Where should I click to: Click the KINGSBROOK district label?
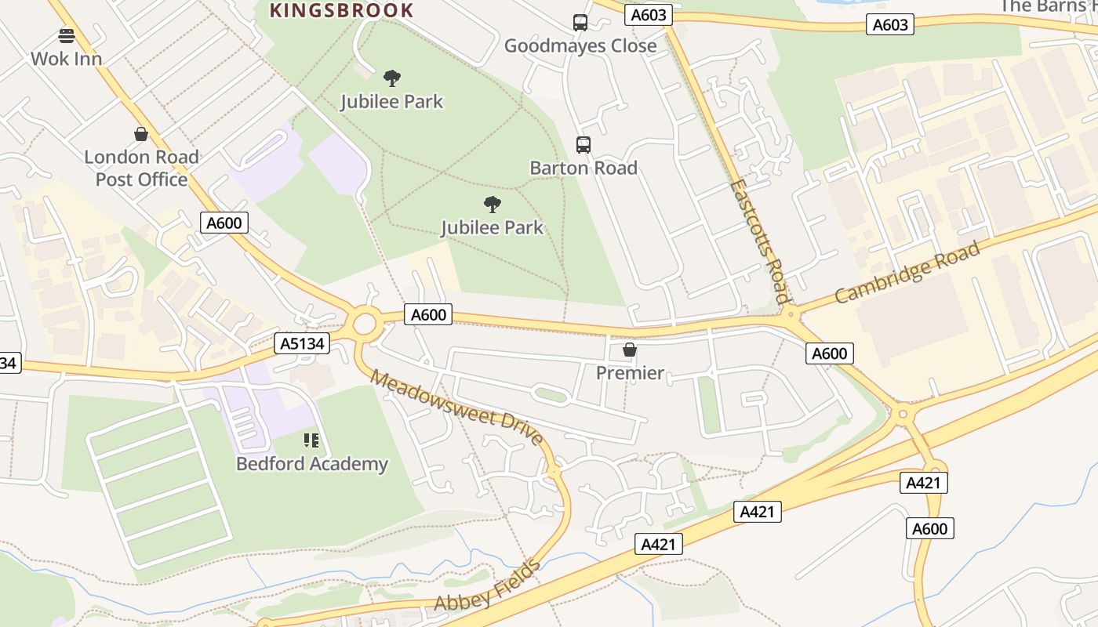(341, 10)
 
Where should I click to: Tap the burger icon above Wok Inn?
(67, 35)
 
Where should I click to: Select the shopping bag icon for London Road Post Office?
(141, 134)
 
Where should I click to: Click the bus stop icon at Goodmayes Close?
(580, 23)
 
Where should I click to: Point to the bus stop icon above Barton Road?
(584, 144)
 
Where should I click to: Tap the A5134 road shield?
(302, 343)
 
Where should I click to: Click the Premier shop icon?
(630, 350)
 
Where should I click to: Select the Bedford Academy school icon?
(311, 440)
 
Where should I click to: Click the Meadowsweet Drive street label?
(457, 408)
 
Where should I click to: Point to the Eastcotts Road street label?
(759, 241)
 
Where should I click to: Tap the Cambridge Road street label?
(907, 273)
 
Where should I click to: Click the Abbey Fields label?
(487, 586)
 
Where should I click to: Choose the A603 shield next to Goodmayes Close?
(649, 15)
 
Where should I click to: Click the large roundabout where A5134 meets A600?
(364, 322)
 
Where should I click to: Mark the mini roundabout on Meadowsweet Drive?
(554, 473)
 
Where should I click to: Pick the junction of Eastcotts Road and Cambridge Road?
(790, 315)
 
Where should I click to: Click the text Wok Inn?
(67, 59)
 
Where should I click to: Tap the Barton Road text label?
(584, 168)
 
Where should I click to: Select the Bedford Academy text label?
(312, 464)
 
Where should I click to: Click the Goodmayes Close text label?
(580, 45)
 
